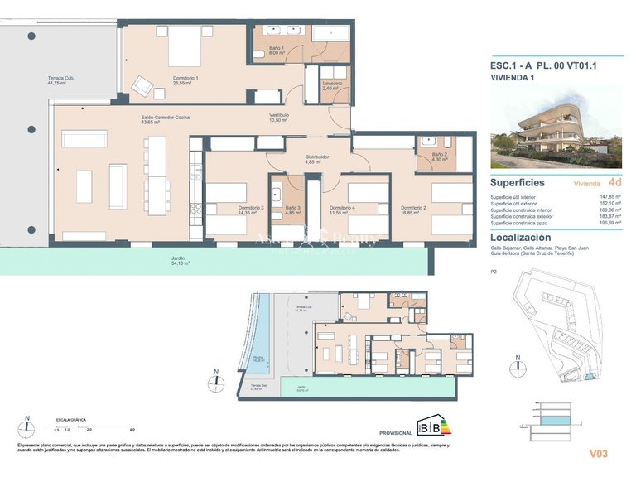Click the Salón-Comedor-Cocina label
point(165,119)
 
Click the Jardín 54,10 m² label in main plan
point(178,261)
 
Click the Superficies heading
point(517,182)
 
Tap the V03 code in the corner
point(599,454)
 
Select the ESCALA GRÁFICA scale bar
point(93,425)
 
